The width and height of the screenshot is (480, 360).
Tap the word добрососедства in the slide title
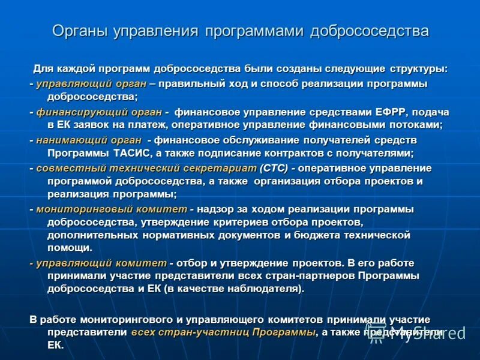[370, 31]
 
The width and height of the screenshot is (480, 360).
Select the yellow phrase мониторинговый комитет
[112, 209]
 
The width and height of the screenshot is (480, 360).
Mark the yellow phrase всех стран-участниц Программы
[223, 332]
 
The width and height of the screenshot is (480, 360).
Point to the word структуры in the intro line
[416, 68]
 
